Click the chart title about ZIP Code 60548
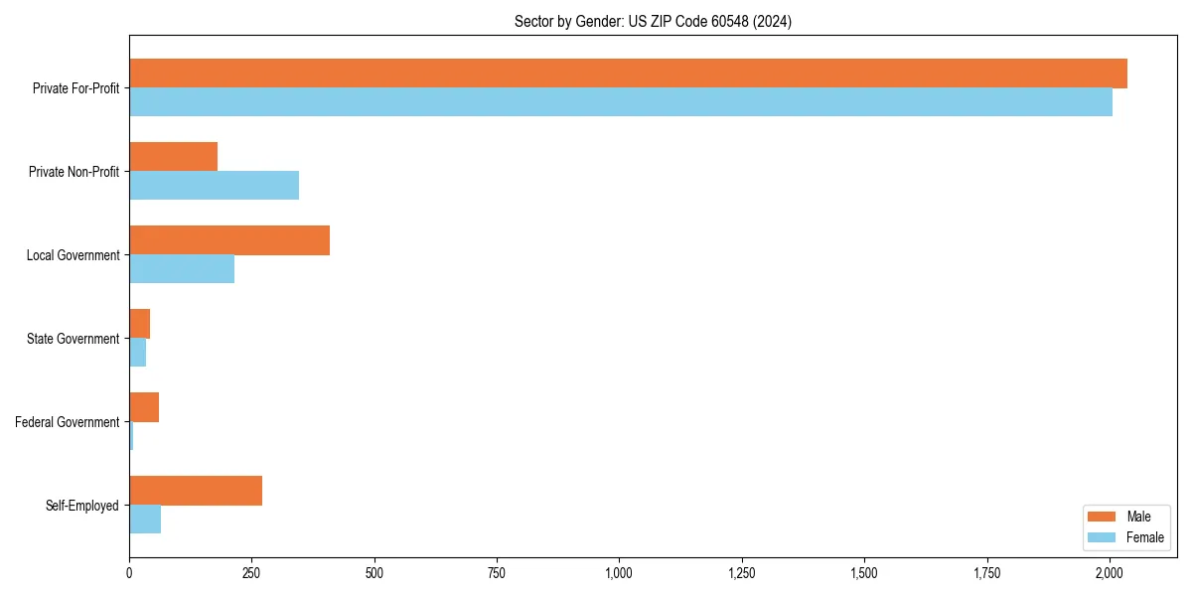click(653, 21)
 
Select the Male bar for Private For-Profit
click(628, 74)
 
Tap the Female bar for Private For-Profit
click(621, 102)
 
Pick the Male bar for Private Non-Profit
click(173, 157)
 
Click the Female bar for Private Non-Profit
click(214, 186)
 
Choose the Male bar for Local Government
click(229, 240)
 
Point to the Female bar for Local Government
click(182, 269)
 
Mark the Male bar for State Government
click(139, 324)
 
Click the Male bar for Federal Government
click(144, 407)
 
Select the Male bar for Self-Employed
click(196, 491)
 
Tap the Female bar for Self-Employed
click(145, 520)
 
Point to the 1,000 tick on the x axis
click(619, 573)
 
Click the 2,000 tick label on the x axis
click(1110, 573)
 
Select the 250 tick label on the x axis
click(251, 573)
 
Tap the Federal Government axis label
click(68, 422)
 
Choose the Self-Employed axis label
click(82, 506)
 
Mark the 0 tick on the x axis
click(129, 573)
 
